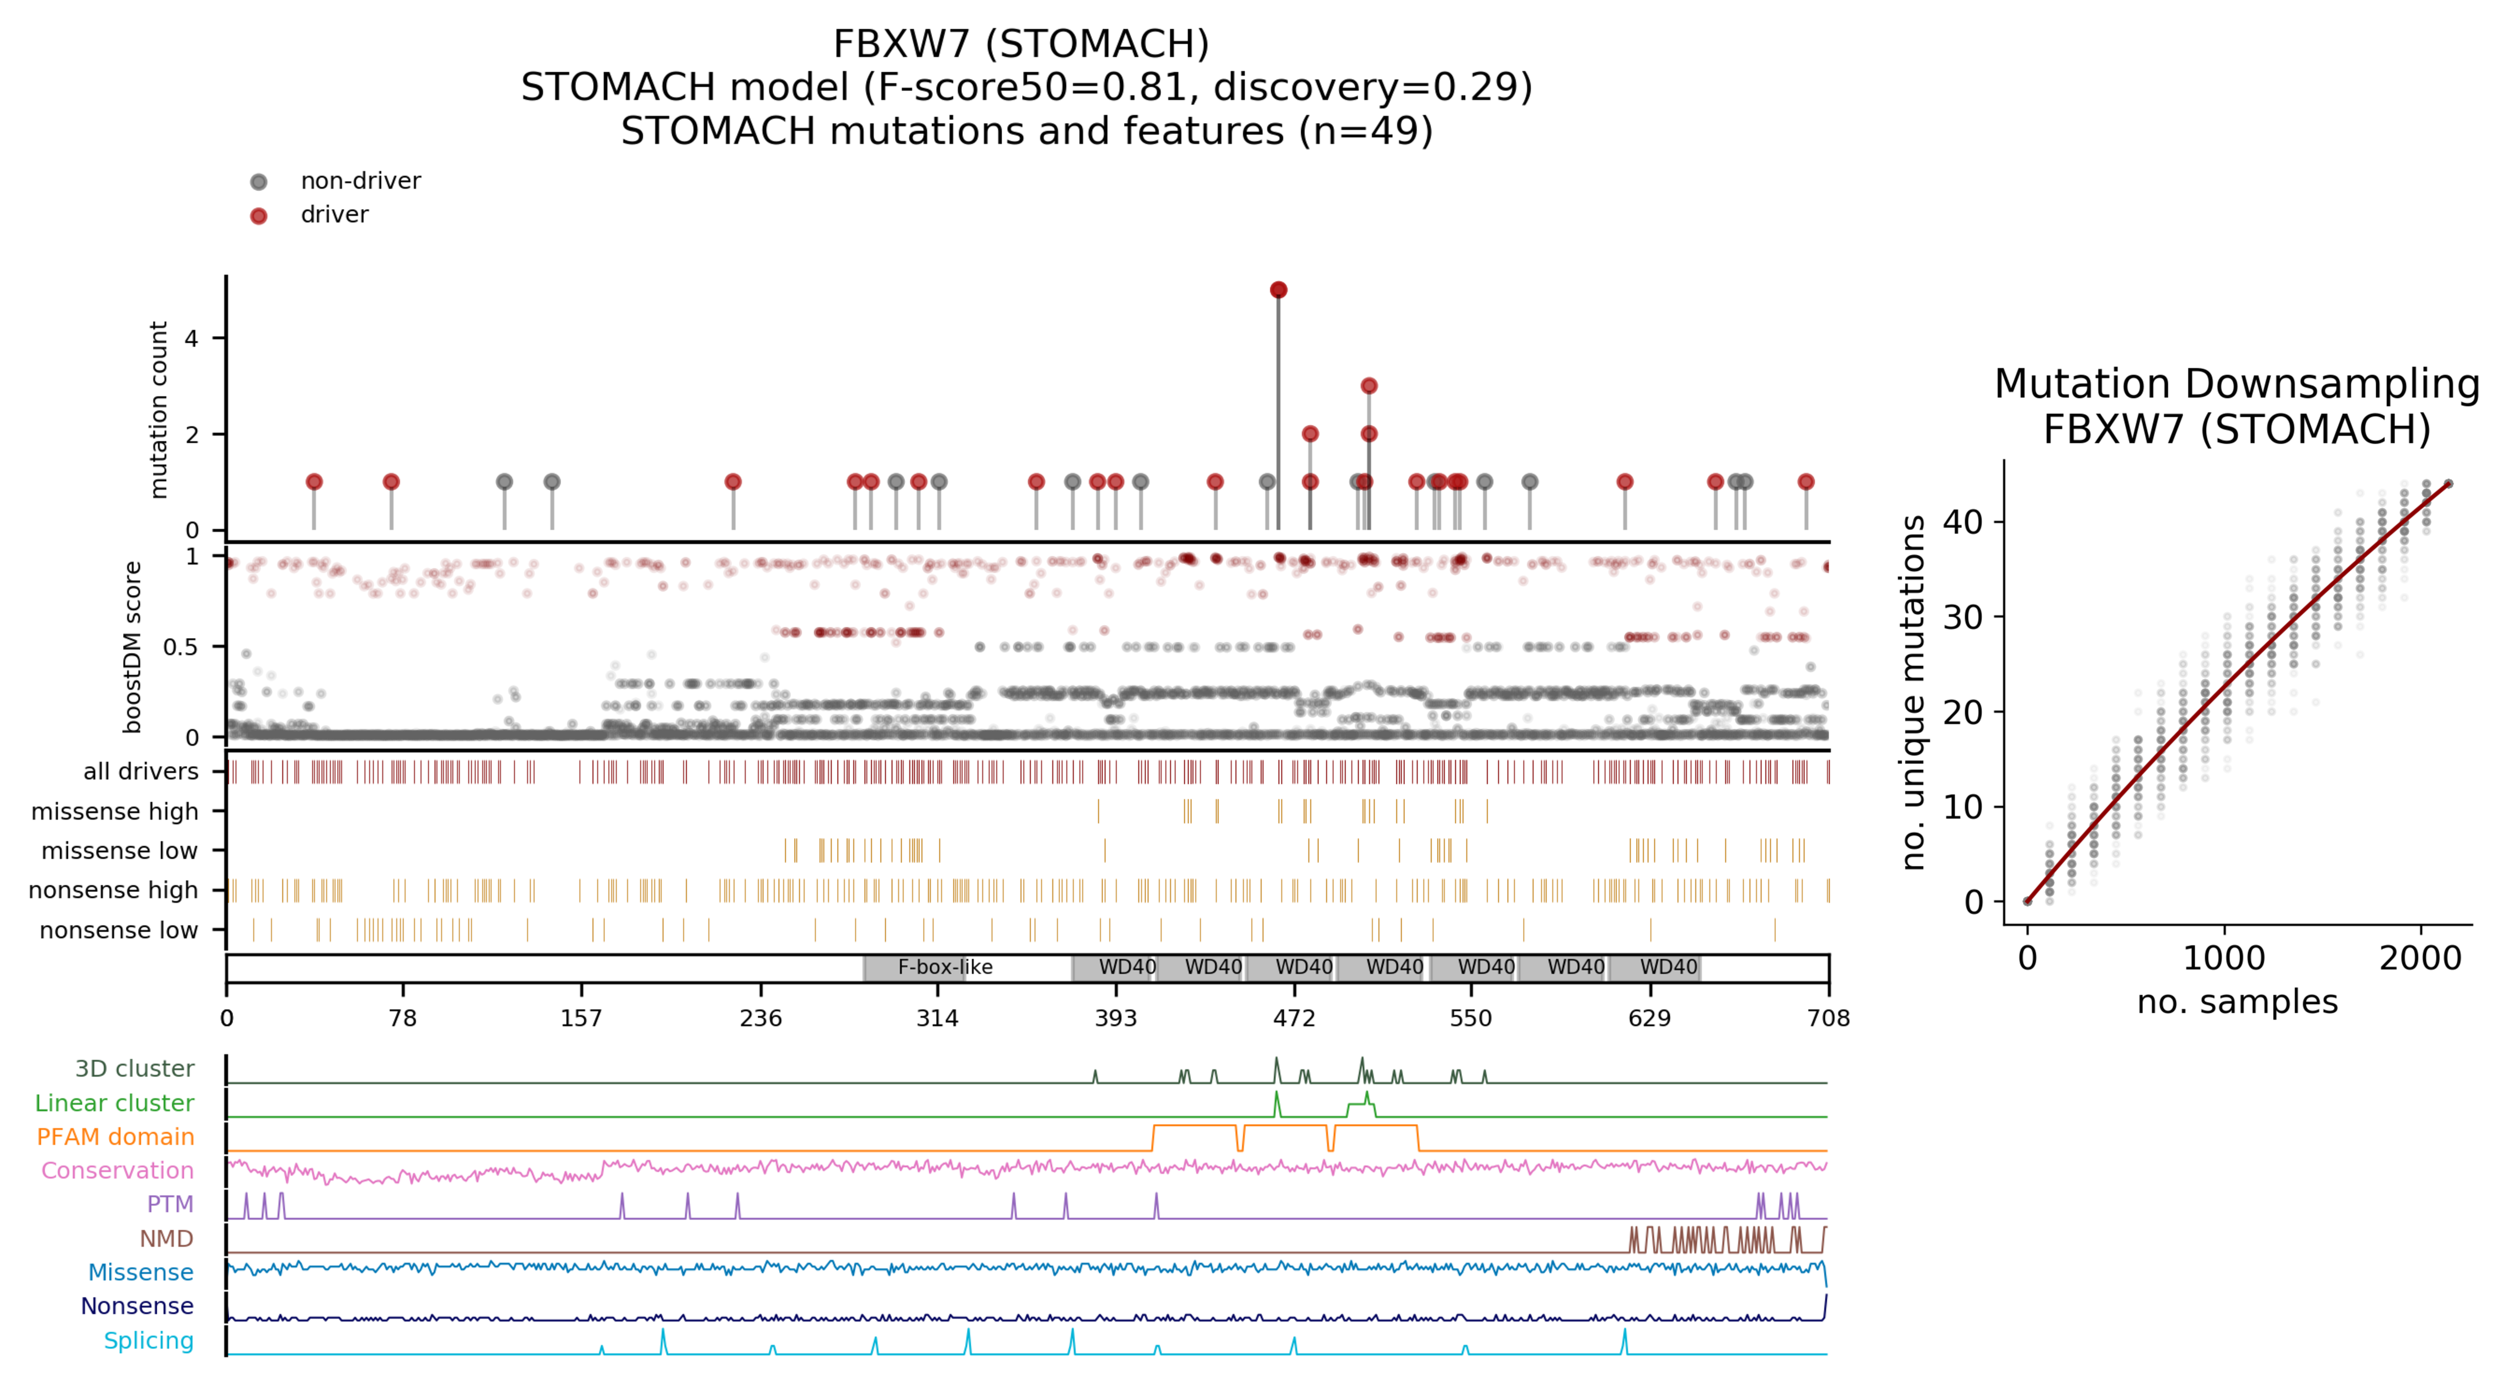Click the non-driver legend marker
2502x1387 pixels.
click(x=258, y=182)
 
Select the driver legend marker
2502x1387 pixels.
click(x=258, y=216)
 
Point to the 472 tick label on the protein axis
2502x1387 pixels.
click(x=1293, y=1018)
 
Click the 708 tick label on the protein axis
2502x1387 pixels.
click(x=1828, y=1018)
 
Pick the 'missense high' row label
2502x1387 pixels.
click(x=115, y=811)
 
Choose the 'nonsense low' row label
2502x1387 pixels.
click(x=119, y=931)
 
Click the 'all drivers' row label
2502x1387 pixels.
click(x=141, y=771)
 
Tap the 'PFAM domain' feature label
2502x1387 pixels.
click(x=115, y=1136)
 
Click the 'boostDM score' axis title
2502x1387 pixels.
click(x=133, y=647)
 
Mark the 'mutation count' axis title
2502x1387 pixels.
click(x=158, y=410)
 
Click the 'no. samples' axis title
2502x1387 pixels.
click(x=2237, y=1001)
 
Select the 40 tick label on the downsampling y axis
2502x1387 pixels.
click(x=1962, y=523)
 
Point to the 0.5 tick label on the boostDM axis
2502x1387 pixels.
click(x=180, y=647)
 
